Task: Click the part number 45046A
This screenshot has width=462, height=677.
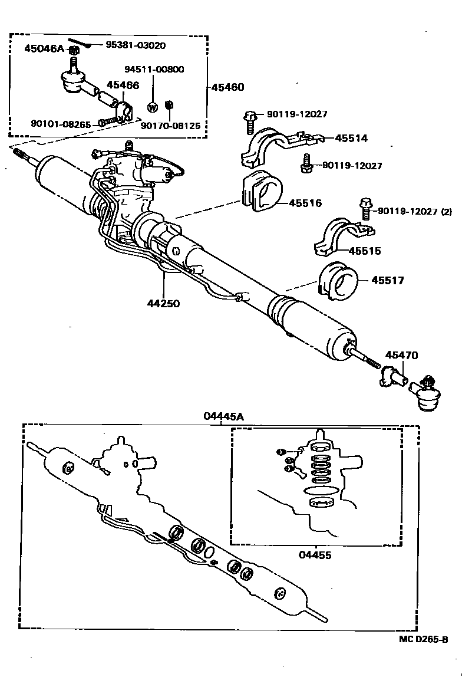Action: (x=43, y=48)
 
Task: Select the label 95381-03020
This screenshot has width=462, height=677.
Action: (x=136, y=45)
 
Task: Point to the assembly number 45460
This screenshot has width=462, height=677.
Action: (x=227, y=87)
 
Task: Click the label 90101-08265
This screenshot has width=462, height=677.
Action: (x=62, y=123)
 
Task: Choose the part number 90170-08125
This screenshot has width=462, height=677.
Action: (x=170, y=125)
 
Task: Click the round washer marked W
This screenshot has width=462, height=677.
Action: (x=152, y=107)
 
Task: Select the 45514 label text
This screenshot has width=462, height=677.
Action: (x=351, y=138)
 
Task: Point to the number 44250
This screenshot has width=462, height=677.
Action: (x=163, y=304)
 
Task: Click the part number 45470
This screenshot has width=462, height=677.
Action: (x=402, y=355)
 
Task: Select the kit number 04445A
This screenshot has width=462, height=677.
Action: (x=223, y=416)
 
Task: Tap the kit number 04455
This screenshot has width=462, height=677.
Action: (x=315, y=555)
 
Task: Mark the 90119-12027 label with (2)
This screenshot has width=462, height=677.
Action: (x=415, y=211)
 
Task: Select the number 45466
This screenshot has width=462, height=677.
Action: (x=123, y=86)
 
